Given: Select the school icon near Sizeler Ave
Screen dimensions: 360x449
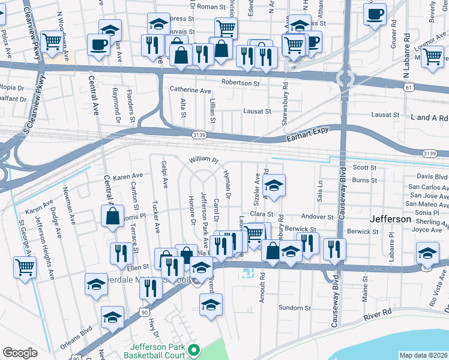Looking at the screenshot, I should pos(274,187).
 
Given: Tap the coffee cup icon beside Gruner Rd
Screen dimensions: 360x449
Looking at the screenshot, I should pos(375,14).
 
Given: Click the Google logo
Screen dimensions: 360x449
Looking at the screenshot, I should pos(20,353).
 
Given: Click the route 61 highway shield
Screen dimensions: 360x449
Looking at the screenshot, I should pos(408,88).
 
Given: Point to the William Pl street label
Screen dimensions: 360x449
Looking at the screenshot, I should pos(203,161).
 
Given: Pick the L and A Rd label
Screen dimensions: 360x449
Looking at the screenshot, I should pos(427,118).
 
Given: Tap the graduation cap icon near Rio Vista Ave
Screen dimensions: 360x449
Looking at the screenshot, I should pos(427,254).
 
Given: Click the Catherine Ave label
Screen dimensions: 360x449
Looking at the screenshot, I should pos(190,91).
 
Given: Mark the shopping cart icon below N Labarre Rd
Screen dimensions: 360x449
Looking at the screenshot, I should pos(432,56).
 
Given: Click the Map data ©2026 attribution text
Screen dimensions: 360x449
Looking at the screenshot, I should pos(423,355).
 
